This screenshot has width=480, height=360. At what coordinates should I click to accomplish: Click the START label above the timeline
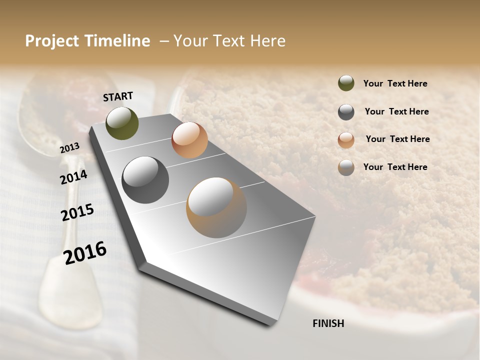[x=118, y=96]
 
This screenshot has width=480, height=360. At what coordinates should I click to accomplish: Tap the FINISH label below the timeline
[x=328, y=323]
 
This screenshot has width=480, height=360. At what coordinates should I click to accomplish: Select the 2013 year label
[x=69, y=148]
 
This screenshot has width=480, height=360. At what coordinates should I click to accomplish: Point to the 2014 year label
[x=73, y=177]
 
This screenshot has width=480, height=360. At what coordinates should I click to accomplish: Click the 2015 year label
[x=77, y=212]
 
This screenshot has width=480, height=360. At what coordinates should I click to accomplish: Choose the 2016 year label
[x=85, y=252]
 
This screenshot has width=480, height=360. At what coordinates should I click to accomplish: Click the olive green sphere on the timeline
[x=122, y=123]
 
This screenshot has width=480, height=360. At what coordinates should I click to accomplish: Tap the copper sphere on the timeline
[x=189, y=140]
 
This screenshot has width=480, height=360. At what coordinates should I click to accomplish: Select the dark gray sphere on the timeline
[x=145, y=180]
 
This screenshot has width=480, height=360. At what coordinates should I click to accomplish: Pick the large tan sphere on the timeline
[x=216, y=207]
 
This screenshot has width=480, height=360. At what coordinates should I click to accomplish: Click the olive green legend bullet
[x=346, y=83]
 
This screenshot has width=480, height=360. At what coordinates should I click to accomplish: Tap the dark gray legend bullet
[x=346, y=112]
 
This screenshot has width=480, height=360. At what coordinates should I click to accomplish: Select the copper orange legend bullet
[x=346, y=140]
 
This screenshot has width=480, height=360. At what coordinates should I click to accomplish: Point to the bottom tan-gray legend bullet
[x=346, y=167]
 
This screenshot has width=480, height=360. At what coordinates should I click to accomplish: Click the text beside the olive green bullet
[x=395, y=83]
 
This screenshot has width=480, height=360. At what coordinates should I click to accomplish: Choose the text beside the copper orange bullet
[x=397, y=139]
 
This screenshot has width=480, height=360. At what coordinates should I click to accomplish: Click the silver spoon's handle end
[x=65, y=300]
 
